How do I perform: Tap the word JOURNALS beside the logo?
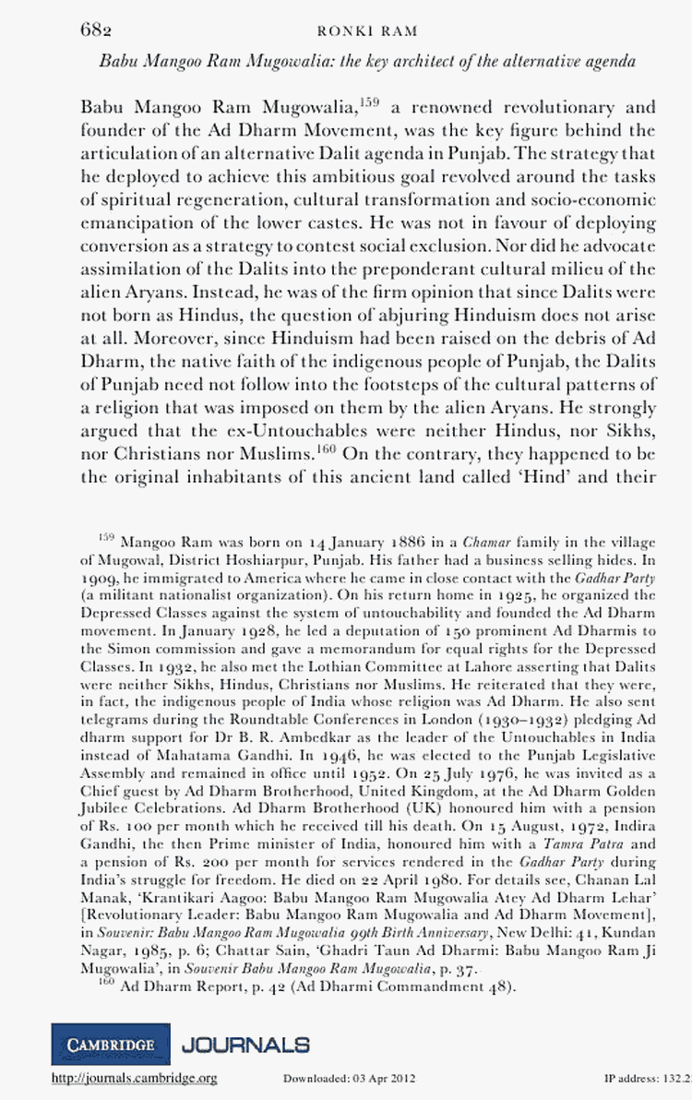point(245,1045)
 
